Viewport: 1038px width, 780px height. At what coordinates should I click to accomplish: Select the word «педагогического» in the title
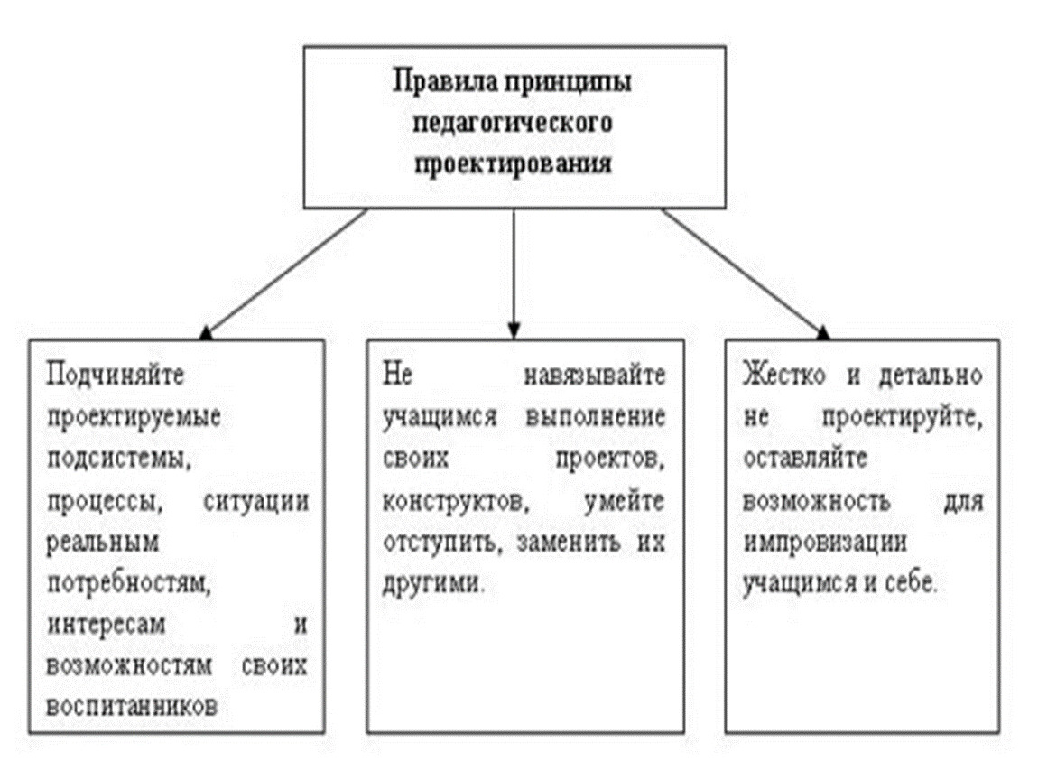tap(513, 123)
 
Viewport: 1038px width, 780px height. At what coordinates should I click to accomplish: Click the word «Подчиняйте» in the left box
tap(116, 376)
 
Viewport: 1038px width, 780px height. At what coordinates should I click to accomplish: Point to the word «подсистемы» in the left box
tap(119, 459)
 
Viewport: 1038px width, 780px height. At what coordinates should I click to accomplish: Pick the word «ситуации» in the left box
tap(256, 500)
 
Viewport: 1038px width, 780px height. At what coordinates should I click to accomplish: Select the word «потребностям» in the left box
tap(128, 583)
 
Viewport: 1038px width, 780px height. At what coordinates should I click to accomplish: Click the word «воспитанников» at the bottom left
tap(132, 706)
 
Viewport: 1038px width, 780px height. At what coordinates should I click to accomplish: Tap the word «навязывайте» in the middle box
tap(595, 376)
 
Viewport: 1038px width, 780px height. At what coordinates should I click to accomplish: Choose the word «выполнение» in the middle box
tap(596, 417)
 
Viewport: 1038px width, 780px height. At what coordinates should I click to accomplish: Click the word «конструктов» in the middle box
tap(457, 501)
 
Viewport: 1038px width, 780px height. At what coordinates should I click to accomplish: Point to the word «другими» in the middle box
tap(433, 583)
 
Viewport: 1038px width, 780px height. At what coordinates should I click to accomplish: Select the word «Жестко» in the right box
tap(784, 376)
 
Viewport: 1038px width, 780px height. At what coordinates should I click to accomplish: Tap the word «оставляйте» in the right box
tap(804, 459)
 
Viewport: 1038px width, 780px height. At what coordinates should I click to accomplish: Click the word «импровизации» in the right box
tap(825, 543)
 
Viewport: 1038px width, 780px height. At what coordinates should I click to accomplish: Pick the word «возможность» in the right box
tap(816, 500)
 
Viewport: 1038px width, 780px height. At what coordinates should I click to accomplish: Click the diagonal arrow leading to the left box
tap(284, 274)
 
